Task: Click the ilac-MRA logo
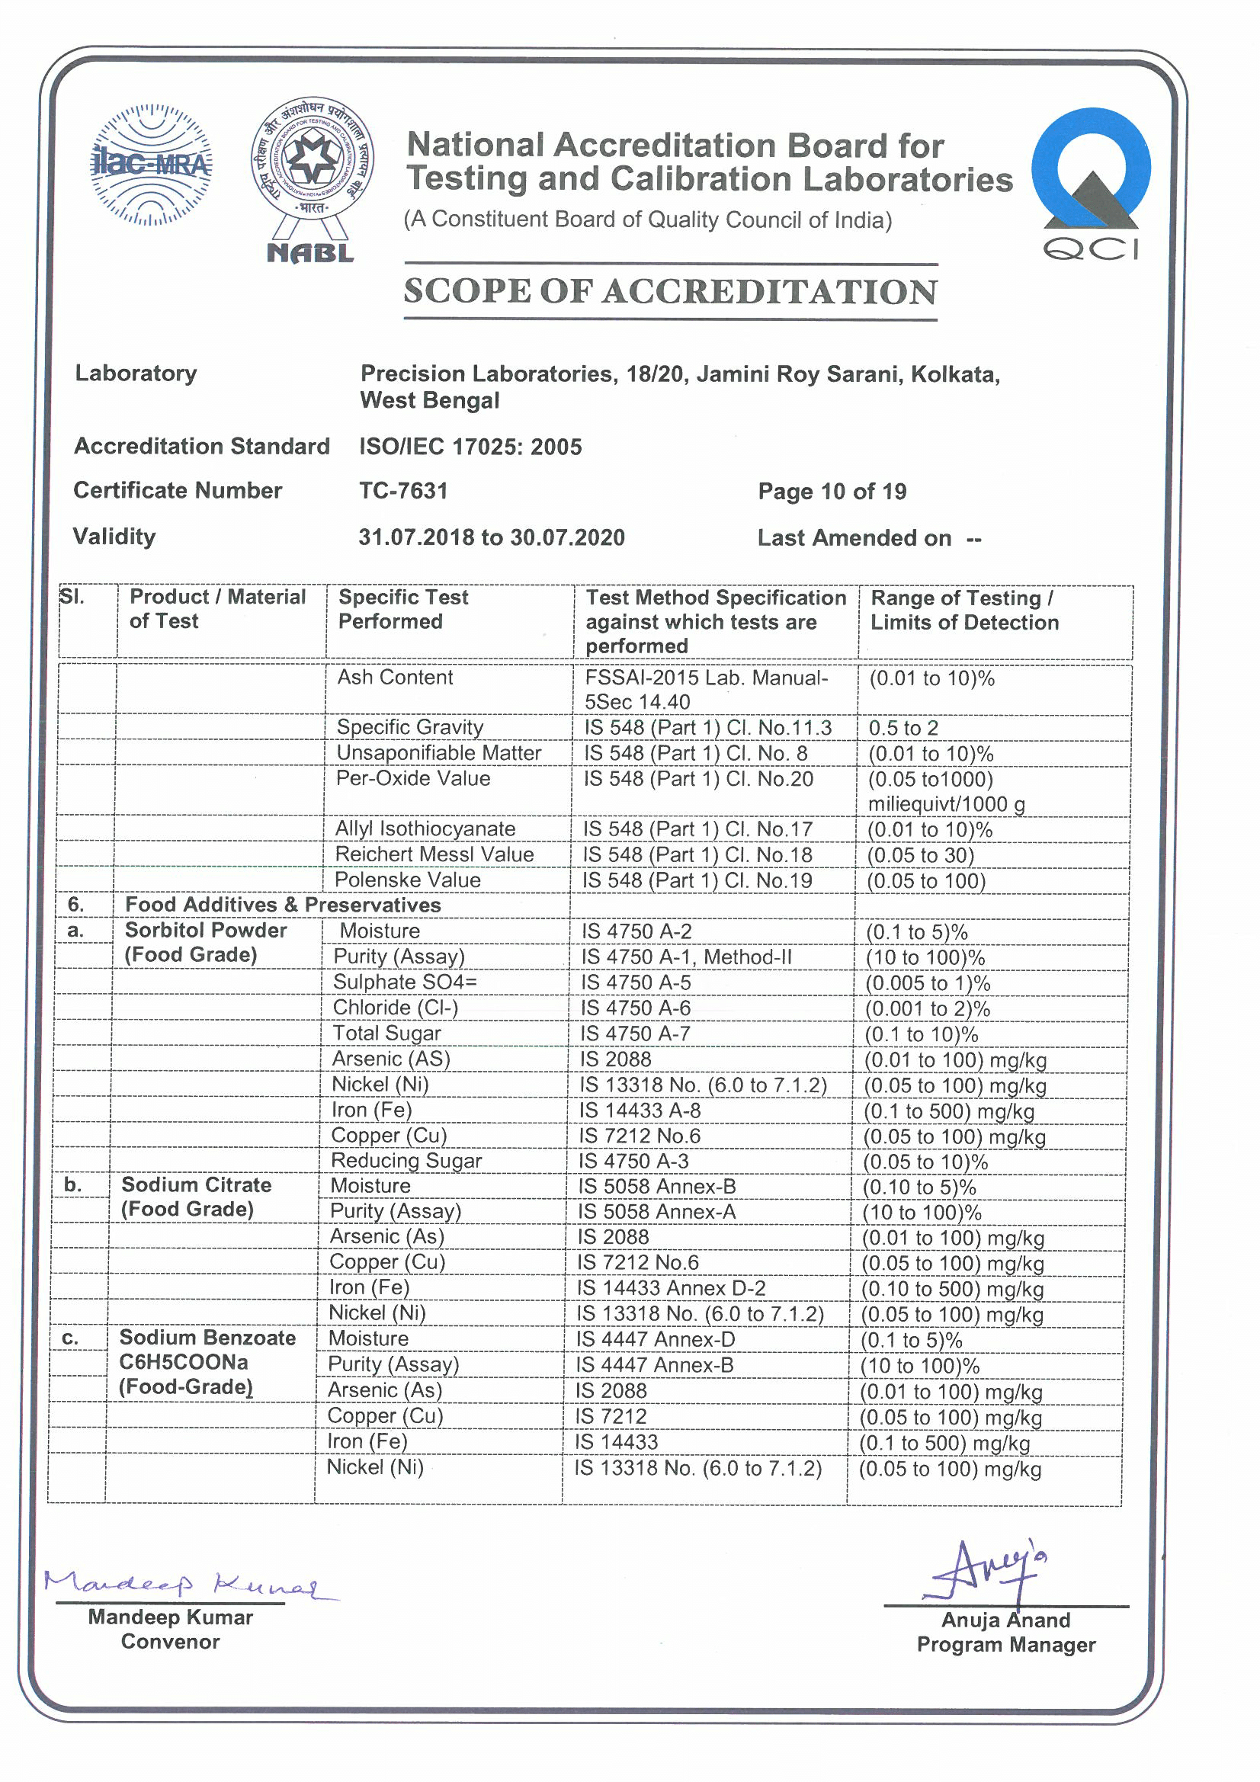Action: click(x=152, y=165)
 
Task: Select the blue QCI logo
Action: click(x=1091, y=183)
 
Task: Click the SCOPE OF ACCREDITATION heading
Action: click(x=671, y=292)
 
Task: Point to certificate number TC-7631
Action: click(x=403, y=491)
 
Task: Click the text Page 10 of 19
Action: click(x=832, y=492)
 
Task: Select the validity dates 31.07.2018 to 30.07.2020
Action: click(x=492, y=537)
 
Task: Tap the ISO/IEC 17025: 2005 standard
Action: click(x=470, y=447)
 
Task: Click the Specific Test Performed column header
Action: click(x=403, y=609)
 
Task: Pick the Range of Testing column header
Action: click(x=964, y=610)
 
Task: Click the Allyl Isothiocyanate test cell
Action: click(x=425, y=829)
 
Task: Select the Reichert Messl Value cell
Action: click(x=434, y=854)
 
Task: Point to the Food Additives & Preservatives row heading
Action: click(x=283, y=905)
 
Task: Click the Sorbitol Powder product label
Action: click(x=206, y=930)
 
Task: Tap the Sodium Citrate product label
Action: click(x=197, y=1185)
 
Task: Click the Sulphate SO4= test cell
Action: click(x=405, y=982)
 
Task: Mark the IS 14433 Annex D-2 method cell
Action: click(x=671, y=1288)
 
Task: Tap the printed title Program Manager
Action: click(x=1006, y=1645)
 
